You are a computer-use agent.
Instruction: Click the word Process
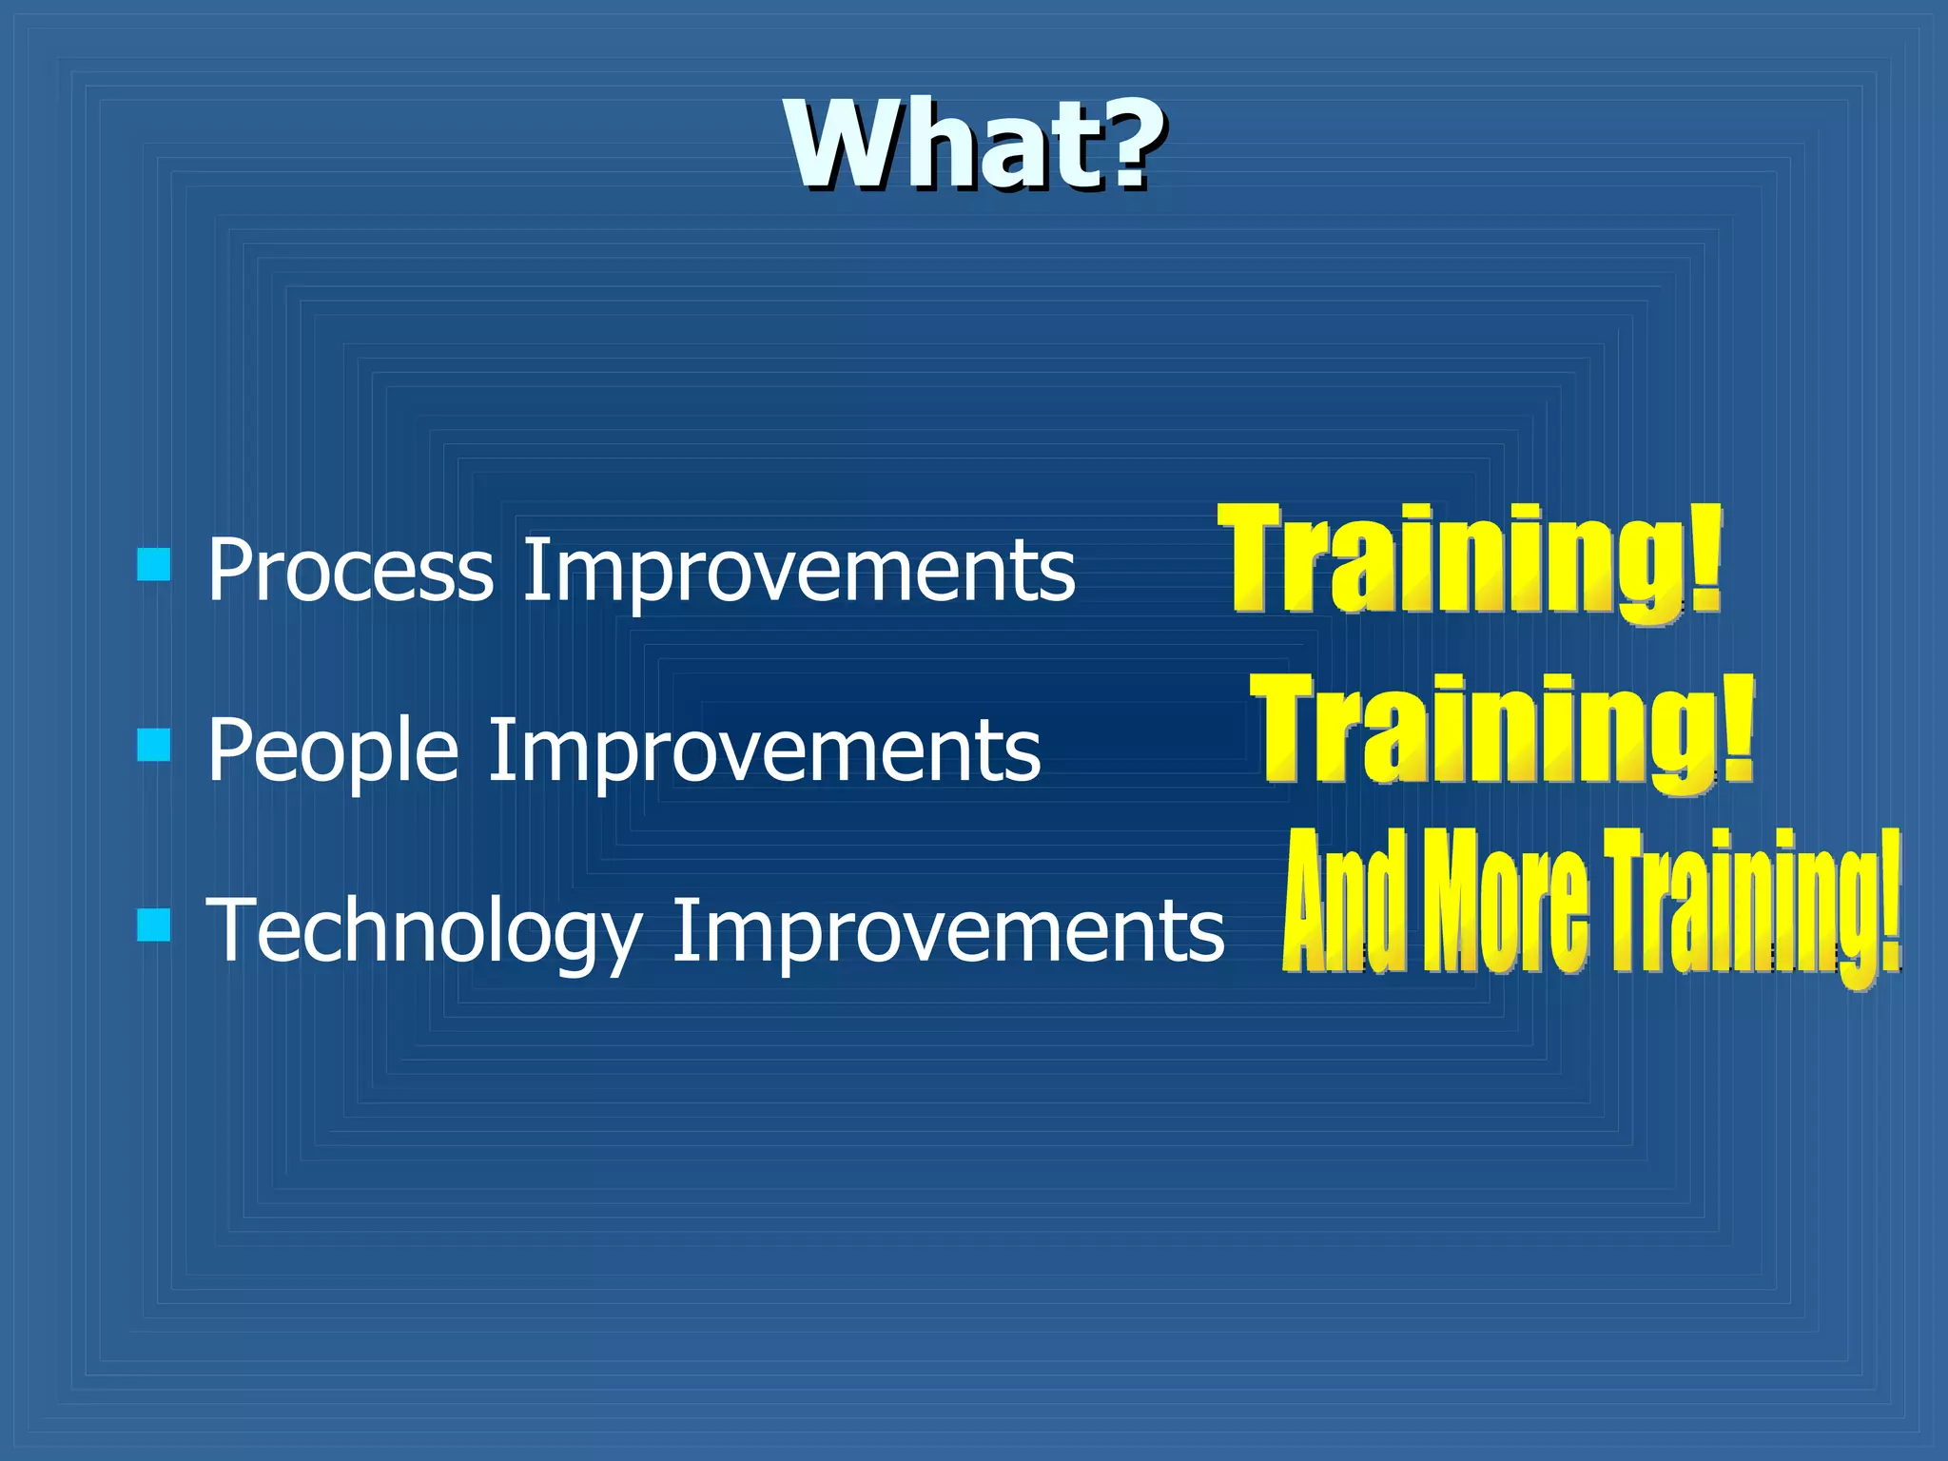click(350, 571)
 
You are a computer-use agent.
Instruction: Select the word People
click(333, 751)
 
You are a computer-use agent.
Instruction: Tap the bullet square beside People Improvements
click(154, 745)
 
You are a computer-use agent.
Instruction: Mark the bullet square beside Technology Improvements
click(154, 924)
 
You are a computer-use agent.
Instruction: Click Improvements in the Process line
click(799, 571)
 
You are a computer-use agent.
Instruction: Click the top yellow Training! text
click(1470, 561)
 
